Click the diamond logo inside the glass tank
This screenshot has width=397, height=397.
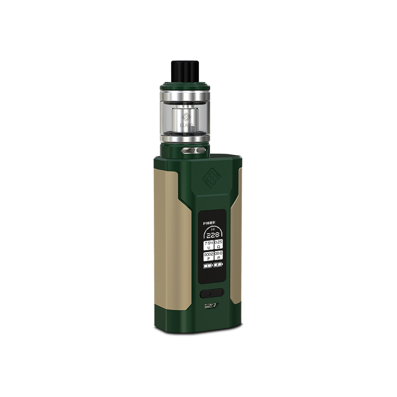(x=186, y=118)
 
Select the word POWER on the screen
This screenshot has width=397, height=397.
(x=209, y=224)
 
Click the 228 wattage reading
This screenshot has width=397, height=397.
(x=213, y=235)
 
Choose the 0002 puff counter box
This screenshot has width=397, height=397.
(x=207, y=256)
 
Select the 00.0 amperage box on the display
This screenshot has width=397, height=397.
(x=218, y=256)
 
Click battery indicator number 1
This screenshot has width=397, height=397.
(x=207, y=266)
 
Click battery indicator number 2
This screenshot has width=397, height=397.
(x=218, y=266)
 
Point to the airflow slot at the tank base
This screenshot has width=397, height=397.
(x=194, y=149)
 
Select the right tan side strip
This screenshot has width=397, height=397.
(x=239, y=233)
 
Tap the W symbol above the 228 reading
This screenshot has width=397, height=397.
(x=212, y=228)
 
